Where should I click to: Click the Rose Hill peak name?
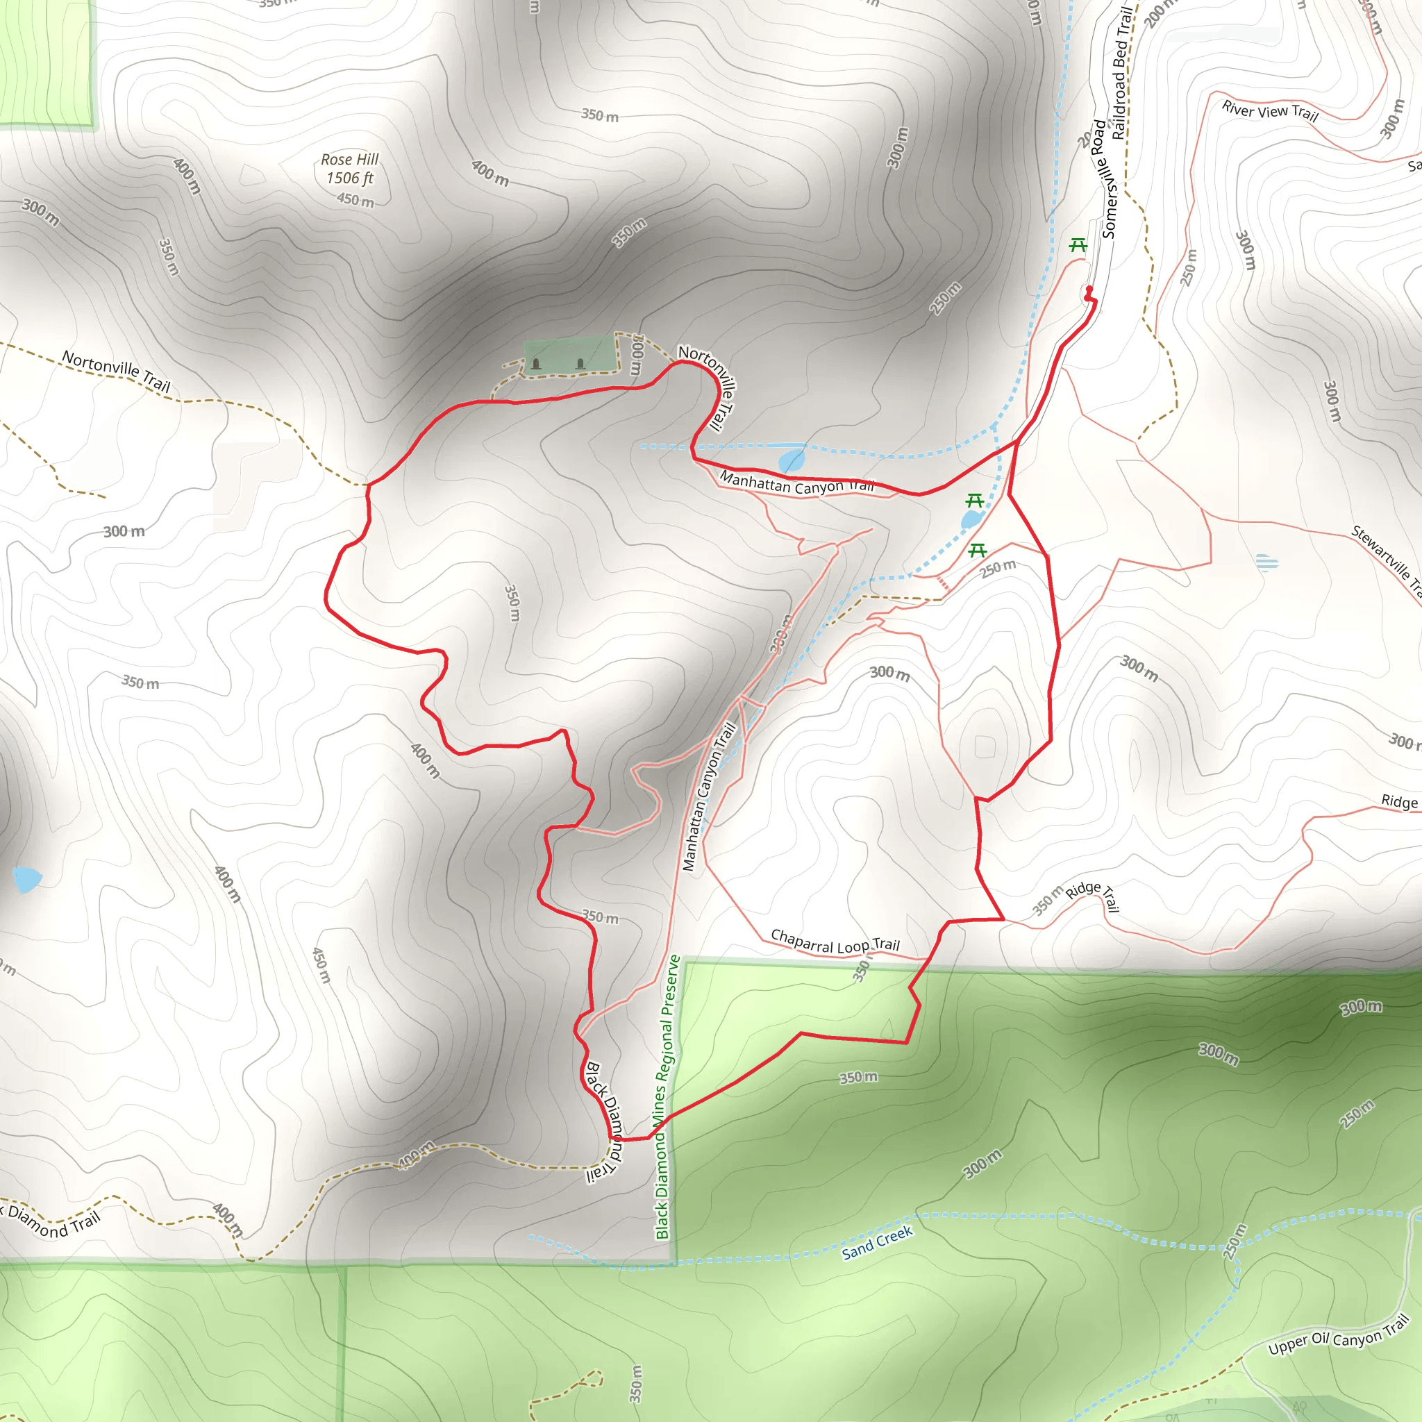coord(350,160)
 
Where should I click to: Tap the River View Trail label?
coord(1270,111)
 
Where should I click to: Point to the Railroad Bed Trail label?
coord(1121,74)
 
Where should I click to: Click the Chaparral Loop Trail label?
coord(835,942)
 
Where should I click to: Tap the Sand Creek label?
coord(877,1242)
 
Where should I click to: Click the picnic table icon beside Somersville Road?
coord(1078,245)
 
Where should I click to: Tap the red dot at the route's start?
coord(1089,290)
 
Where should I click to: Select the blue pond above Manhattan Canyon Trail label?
coord(792,461)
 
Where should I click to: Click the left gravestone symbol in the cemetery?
coord(536,364)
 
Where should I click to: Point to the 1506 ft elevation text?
coord(350,178)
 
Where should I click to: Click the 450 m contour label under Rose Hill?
coord(355,200)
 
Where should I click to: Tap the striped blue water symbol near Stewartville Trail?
coord(1266,563)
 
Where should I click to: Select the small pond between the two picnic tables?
coord(971,520)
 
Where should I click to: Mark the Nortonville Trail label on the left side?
coord(116,371)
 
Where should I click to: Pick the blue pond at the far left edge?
coord(26,879)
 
